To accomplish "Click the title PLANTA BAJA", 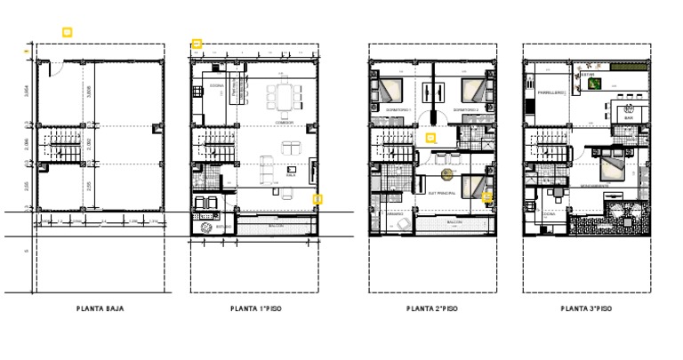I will tap(100, 309).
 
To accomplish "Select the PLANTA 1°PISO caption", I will tap(256, 309).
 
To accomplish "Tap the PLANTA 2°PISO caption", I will tap(432, 309).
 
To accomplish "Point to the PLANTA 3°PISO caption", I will tap(586, 309).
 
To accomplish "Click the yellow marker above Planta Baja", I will tap(67, 33).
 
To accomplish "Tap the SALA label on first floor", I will tap(291, 175).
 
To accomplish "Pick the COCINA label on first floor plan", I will tap(216, 86).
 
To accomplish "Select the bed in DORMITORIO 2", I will tap(474, 89).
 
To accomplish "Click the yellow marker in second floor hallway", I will tap(430, 138).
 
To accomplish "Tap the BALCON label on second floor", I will tap(454, 221).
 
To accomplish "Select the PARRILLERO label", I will tap(547, 92).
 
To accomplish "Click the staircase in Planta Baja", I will tap(64, 142).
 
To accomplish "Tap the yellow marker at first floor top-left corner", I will tap(197, 44).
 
